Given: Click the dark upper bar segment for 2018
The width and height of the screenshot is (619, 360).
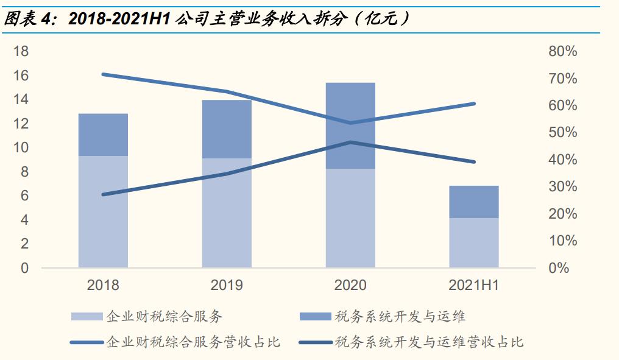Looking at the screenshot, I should (103, 135).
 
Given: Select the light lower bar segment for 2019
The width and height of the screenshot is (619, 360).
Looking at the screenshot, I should (227, 213).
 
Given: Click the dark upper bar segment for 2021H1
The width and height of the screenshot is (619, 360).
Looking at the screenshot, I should (473, 202).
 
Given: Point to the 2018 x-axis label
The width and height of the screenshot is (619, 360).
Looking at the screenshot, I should (103, 285).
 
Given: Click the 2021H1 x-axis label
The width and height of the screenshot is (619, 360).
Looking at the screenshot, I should (473, 285).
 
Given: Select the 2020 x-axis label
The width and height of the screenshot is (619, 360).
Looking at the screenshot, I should (350, 285).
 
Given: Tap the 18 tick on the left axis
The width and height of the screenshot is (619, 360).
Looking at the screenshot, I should (21, 51).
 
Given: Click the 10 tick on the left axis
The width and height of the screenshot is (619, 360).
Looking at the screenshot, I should (21, 147).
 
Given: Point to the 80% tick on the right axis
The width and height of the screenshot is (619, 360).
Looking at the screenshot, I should (562, 51).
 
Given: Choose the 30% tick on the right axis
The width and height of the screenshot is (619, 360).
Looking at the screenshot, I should (562, 186).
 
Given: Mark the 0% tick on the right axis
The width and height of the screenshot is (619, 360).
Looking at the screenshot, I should (559, 268).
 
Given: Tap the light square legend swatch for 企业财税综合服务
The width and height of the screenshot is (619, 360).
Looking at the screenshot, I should (87, 317).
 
